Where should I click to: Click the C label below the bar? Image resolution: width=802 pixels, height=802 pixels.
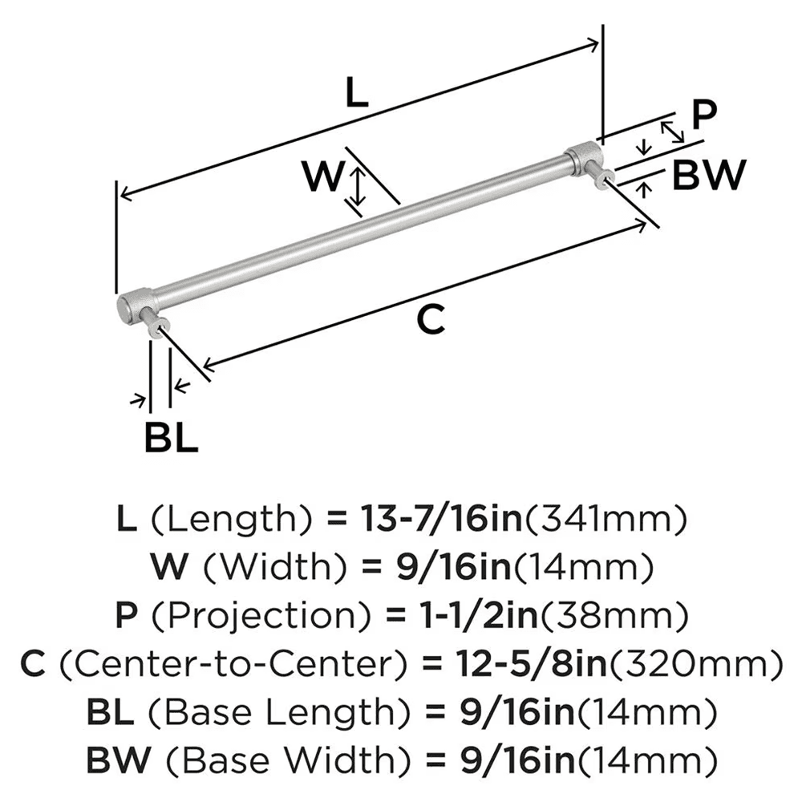[x=431, y=321]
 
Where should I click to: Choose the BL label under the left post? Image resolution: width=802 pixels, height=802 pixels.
[x=171, y=438]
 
